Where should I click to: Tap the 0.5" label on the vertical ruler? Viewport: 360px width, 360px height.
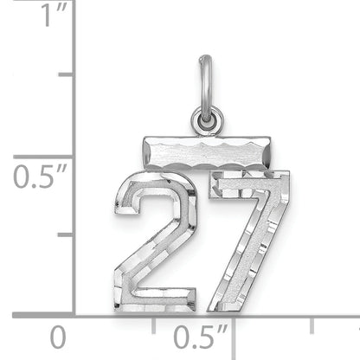40,177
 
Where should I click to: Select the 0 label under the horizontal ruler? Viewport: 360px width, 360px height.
57,337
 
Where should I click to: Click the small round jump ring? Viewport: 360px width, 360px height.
207,121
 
